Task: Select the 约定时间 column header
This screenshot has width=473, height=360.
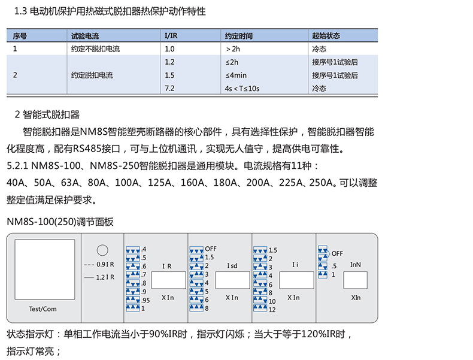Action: tap(238, 36)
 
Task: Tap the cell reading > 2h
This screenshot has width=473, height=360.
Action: tap(234, 49)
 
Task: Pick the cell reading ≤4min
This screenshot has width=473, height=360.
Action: tap(236, 75)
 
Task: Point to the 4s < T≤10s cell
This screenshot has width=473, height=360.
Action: tap(242, 89)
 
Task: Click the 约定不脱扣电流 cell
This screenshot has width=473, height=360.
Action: tap(95, 49)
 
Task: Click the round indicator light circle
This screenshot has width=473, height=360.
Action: tap(102, 250)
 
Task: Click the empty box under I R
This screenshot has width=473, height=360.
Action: tap(168, 281)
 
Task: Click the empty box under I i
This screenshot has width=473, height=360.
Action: tap(296, 281)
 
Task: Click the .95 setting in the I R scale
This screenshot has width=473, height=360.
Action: tap(146, 300)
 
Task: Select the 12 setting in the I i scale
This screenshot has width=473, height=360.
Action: tap(272, 310)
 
